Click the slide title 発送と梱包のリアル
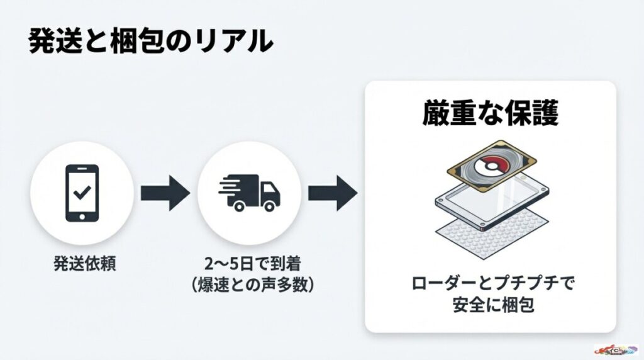pos(151,42)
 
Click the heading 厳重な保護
pos(490,114)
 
